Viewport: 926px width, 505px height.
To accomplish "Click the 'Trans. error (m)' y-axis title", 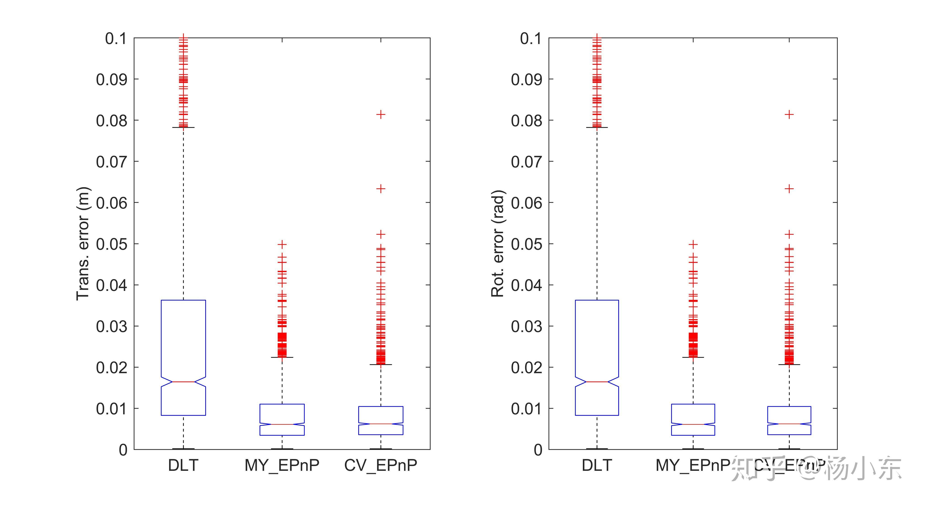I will click(x=83, y=244).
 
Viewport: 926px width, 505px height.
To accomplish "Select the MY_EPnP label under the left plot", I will click(x=282, y=465).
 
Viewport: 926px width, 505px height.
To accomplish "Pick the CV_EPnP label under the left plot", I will click(x=381, y=465).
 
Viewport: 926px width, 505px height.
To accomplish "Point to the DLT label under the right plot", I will click(x=597, y=465).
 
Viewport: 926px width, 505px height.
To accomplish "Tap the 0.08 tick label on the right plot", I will click(x=526, y=121).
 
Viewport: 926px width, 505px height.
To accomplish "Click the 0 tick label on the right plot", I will click(x=538, y=450).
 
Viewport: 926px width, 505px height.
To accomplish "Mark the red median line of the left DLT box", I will click(x=183, y=382).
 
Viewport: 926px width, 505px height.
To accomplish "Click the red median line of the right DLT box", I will click(x=597, y=382).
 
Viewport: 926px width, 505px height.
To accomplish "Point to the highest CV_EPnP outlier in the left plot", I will click(x=381, y=115).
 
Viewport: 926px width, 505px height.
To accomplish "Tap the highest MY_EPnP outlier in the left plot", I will click(x=282, y=244).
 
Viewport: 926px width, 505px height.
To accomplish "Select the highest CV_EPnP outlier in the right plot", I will click(x=789, y=115).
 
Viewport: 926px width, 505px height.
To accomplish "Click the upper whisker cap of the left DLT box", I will click(x=183, y=127).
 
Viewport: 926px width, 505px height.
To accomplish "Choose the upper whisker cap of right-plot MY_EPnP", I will click(x=693, y=357).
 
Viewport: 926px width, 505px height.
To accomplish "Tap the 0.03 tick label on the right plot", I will click(x=526, y=326).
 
